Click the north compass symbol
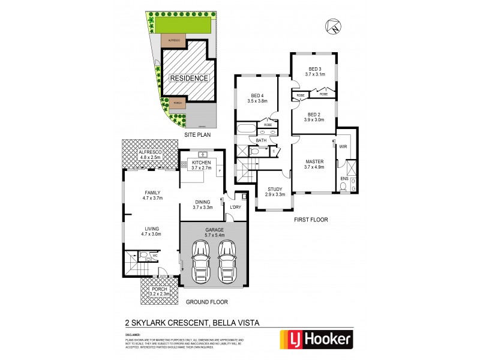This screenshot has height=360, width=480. (334, 26)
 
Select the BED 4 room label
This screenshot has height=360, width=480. (256, 98)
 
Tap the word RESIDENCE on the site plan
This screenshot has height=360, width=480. (188, 78)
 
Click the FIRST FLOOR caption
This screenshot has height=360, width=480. (311, 220)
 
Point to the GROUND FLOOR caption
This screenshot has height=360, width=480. (208, 302)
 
